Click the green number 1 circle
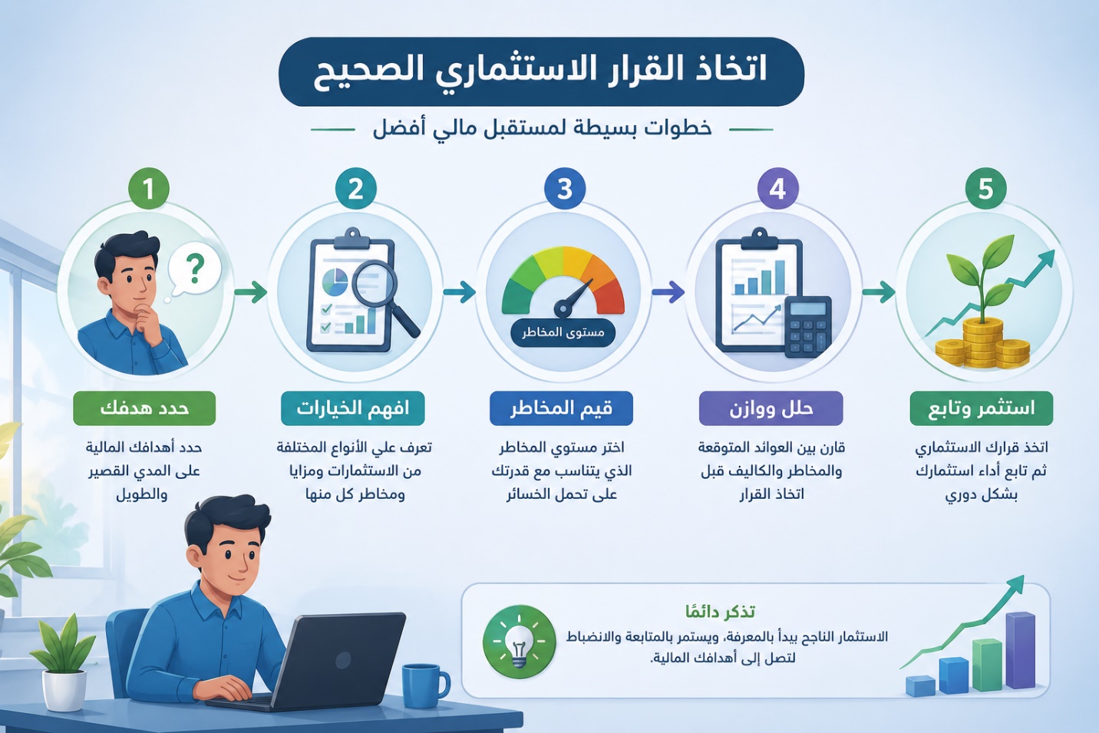149,189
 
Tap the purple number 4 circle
777,189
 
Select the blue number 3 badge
565,189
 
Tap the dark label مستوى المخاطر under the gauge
563,332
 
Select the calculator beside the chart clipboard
808,326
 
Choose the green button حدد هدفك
144,408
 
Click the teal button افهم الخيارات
353,408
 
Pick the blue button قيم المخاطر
561,408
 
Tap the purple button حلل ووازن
771,408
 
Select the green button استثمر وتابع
982,408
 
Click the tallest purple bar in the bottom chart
1021,650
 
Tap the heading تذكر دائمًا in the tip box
720,611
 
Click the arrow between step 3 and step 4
668,292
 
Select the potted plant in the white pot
64,662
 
